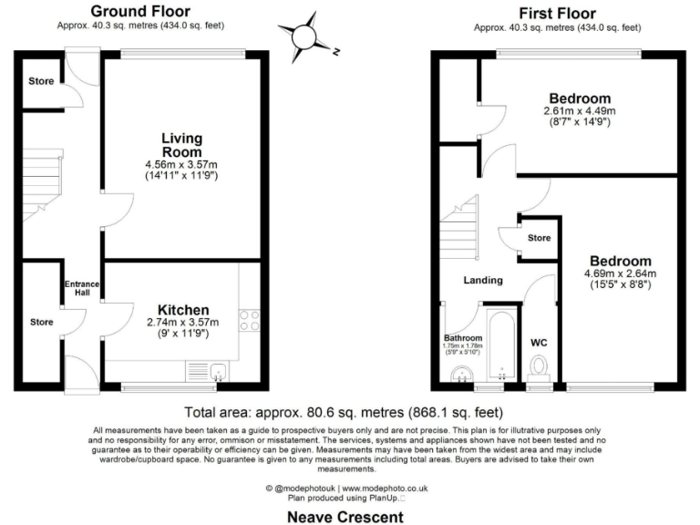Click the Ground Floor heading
pos(140,12)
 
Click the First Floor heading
pos(557,13)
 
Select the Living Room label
pos(181,145)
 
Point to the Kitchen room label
pos(183,310)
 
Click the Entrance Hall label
pos(80,290)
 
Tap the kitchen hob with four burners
pos(250,321)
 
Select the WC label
pos(540,345)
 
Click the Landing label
pos(483,280)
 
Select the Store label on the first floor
pos(539,238)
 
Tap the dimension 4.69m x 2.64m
pos(620,273)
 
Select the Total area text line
pos(349,411)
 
